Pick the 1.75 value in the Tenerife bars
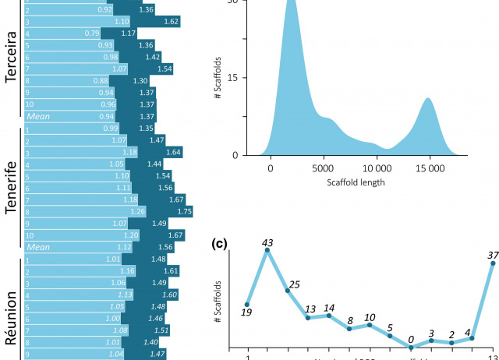point(184,210)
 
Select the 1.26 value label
point(115,210)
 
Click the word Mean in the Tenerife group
point(38,246)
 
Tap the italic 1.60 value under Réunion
point(168,295)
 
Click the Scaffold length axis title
point(350,184)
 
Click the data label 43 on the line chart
point(267,244)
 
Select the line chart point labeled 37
point(493,263)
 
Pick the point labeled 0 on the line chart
point(411,348)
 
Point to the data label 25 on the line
point(288,290)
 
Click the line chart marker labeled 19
point(247,305)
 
